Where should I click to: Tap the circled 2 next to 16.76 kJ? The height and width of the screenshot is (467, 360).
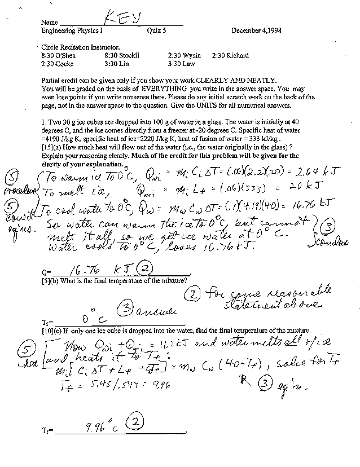point(144,270)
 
